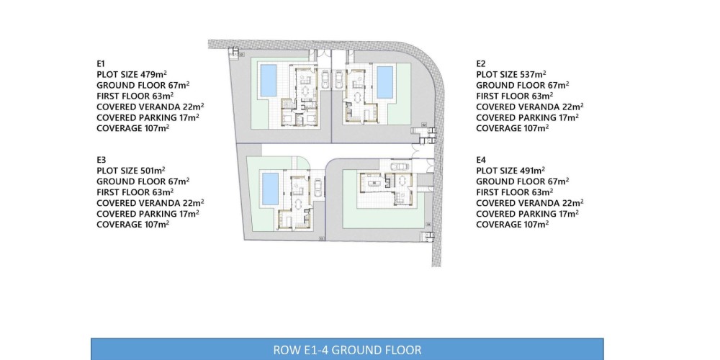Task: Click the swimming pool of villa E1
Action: click(269, 81)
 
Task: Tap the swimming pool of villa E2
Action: click(384, 82)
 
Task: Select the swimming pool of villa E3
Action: click(270, 189)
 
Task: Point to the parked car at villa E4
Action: click(398, 166)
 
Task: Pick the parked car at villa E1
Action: click(325, 79)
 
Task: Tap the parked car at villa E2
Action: click(338, 79)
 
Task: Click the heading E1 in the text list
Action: click(101, 63)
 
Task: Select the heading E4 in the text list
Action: click(481, 160)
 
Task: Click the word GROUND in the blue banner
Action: click(352, 350)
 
